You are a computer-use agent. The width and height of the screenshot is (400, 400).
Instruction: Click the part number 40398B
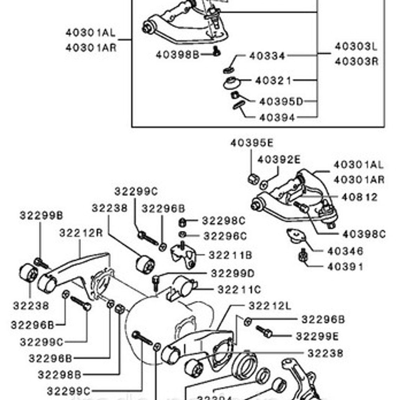(x=177, y=55)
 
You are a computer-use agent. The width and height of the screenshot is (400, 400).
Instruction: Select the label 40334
(x=267, y=56)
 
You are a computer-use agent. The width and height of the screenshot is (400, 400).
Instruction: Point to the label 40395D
(x=281, y=102)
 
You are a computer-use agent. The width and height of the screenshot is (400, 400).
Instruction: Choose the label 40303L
(x=356, y=47)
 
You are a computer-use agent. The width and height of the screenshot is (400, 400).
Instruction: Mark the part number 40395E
(x=252, y=143)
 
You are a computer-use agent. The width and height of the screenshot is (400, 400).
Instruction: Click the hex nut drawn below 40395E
(x=253, y=179)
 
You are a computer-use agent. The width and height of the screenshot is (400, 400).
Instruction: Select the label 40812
(x=359, y=197)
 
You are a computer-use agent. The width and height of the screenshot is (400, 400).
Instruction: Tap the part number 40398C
(x=364, y=234)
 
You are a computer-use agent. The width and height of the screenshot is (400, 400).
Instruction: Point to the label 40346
(x=345, y=251)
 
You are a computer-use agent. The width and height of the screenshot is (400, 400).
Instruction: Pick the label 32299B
(x=41, y=215)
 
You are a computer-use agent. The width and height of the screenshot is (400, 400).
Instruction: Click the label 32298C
(x=224, y=221)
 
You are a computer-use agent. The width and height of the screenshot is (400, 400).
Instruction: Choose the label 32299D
(x=233, y=273)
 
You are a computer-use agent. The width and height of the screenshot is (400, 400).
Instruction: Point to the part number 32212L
(x=270, y=306)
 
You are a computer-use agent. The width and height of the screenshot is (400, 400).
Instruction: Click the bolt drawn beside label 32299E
(x=264, y=332)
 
